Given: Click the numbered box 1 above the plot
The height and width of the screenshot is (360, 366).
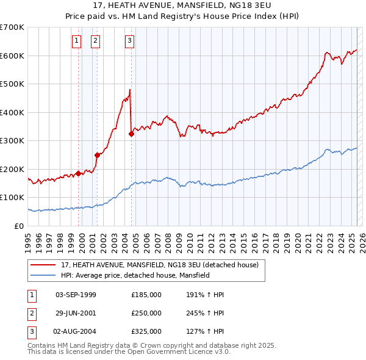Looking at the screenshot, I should (x=76, y=41).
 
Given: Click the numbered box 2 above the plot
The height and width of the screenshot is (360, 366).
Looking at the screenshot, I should (x=96, y=41).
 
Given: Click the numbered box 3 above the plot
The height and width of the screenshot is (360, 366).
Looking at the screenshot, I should (x=130, y=41).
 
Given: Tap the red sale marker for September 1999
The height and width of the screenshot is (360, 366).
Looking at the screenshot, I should (x=79, y=173).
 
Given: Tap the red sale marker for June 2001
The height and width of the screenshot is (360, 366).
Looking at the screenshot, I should (x=98, y=155).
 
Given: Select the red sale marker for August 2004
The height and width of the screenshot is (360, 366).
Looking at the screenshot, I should (x=131, y=134).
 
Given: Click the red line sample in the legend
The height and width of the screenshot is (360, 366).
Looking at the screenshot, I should (x=43, y=265).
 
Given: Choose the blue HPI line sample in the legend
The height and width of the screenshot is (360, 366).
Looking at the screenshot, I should (x=43, y=275).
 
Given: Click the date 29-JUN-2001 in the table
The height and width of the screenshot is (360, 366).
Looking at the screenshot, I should (x=76, y=312).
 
